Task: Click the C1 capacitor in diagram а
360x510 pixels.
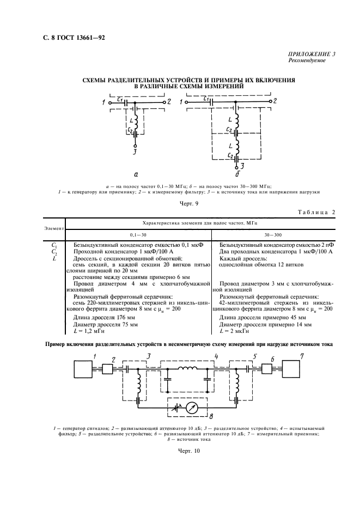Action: point(126,102)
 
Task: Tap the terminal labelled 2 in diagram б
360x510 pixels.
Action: point(270,102)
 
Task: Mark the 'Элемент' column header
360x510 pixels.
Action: point(53,228)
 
